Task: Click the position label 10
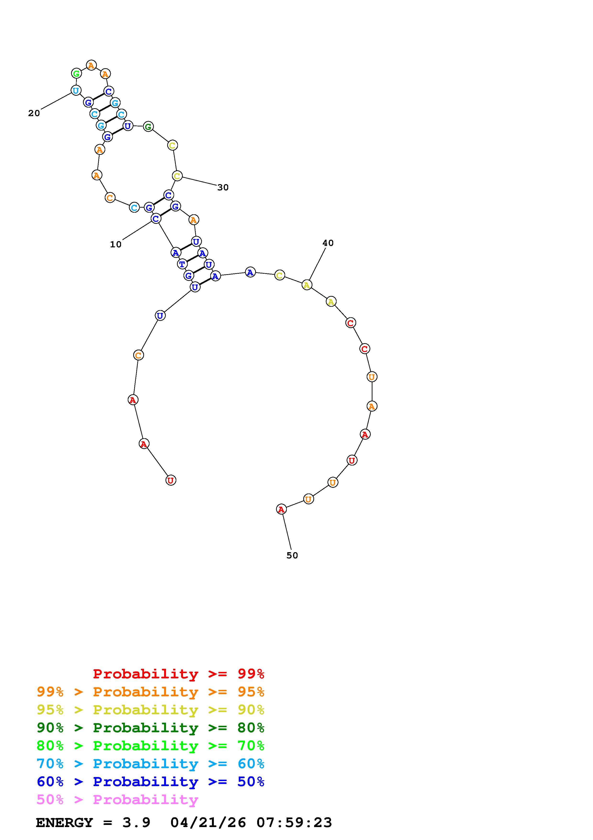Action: pyautogui.click(x=116, y=244)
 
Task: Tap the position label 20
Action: pyautogui.click(x=34, y=114)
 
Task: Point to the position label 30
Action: pyautogui.click(x=223, y=188)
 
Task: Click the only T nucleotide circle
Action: pyautogui.click(x=182, y=264)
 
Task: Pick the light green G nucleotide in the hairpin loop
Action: pyautogui.click(x=76, y=74)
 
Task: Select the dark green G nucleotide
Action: pyautogui.click(x=148, y=127)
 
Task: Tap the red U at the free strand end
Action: pyautogui.click(x=171, y=480)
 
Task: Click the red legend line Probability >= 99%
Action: pyautogui.click(x=179, y=674)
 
